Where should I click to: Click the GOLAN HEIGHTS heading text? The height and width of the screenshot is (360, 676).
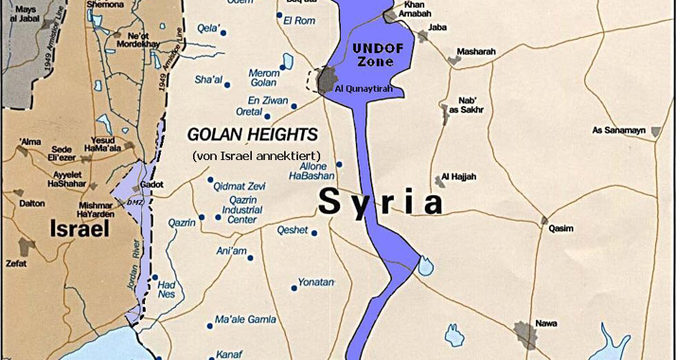click(x=251, y=135)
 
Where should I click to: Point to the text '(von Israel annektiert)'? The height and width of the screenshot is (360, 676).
click(x=257, y=155)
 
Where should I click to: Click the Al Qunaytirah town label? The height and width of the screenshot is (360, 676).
click(x=364, y=90)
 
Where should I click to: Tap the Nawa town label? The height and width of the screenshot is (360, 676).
click(x=545, y=322)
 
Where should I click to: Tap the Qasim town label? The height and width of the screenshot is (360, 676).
click(x=561, y=228)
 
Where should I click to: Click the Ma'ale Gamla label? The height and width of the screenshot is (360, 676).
click(x=250, y=319)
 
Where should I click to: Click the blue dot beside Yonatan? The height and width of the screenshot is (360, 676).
click(x=338, y=281)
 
